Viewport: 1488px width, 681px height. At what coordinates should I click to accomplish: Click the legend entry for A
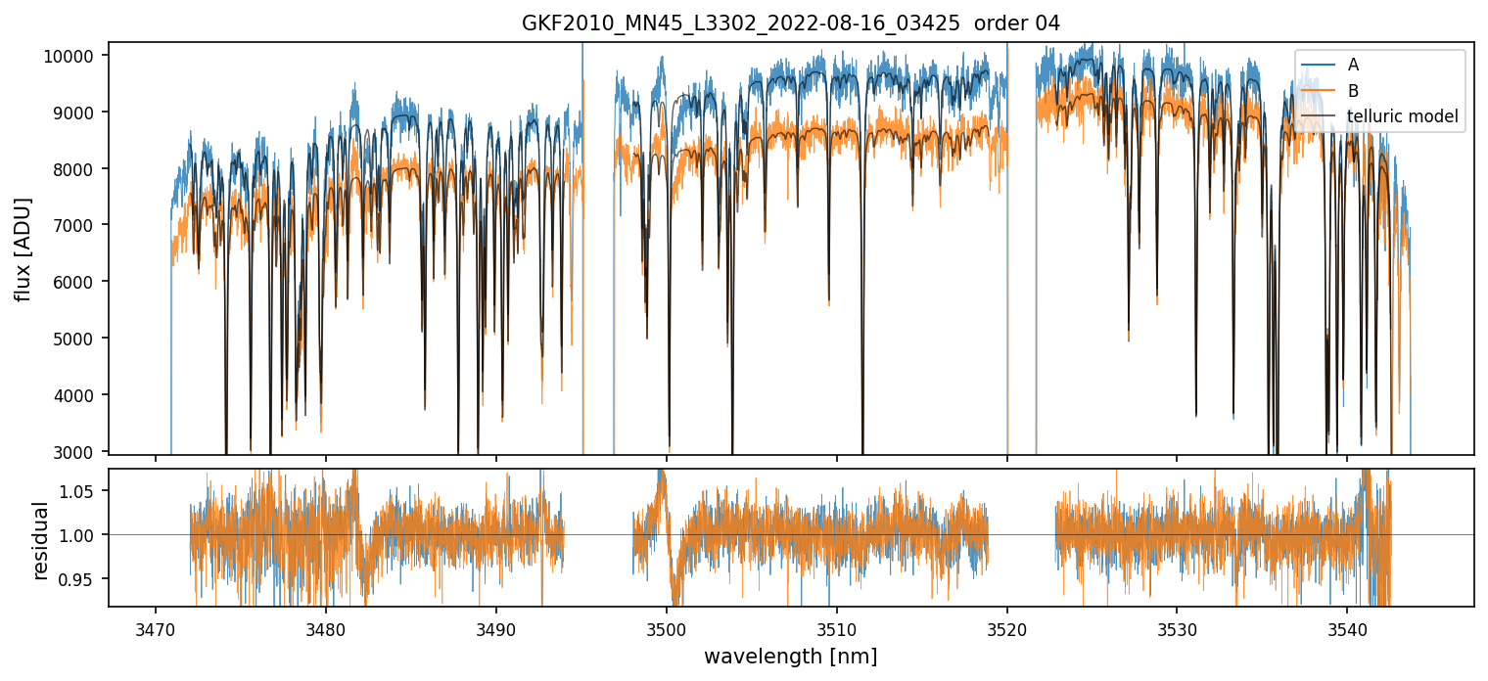pos(1353,65)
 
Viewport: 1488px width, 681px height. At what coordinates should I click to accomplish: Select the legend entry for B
pos(1353,91)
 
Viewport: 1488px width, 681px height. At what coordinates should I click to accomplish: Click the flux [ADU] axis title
pos(23,249)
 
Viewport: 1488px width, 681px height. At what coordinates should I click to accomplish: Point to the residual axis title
pos(40,539)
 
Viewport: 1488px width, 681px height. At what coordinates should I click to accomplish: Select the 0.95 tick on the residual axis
pos(78,579)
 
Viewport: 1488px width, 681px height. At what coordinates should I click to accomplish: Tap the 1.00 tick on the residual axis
pos(78,535)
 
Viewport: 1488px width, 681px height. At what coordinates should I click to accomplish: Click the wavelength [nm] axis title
pos(791,656)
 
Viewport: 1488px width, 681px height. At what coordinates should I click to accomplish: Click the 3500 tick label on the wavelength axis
pos(667,627)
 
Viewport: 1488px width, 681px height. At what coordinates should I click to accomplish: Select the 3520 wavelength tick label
pos(1007,627)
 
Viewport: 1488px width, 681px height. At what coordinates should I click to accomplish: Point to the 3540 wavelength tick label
pos(1347,627)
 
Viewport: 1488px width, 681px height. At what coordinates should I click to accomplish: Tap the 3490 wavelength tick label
pos(495,627)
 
